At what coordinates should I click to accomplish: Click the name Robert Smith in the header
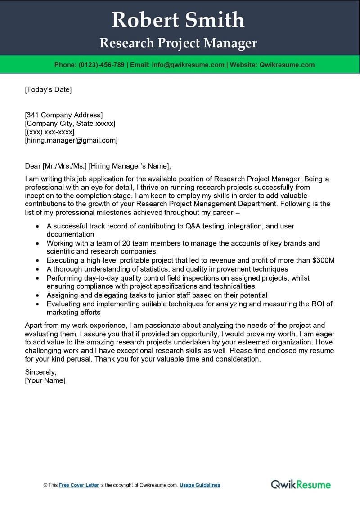(178, 20)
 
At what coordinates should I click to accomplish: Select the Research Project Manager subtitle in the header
(178, 43)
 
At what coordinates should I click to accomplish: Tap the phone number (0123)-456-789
(101, 65)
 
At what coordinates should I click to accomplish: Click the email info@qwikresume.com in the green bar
(188, 65)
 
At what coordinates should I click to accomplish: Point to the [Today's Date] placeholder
(48, 89)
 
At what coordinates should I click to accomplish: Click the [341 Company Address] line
(63, 115)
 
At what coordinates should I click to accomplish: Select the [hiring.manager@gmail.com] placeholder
(71, 140)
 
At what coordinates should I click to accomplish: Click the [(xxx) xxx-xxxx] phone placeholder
(49, 132)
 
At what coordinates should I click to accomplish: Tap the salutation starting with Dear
(98, 166)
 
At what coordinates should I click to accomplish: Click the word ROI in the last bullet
(317, 304)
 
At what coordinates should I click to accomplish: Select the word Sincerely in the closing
(40, 372)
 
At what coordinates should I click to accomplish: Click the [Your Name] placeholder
(45, 380)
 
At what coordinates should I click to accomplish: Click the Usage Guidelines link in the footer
(200, 485)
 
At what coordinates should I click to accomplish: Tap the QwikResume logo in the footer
(301, 484)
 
